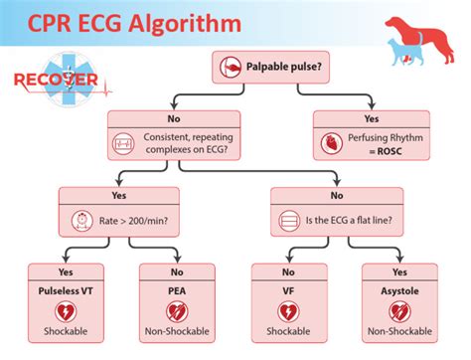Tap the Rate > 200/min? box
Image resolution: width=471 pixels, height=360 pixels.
coord(121,217)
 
